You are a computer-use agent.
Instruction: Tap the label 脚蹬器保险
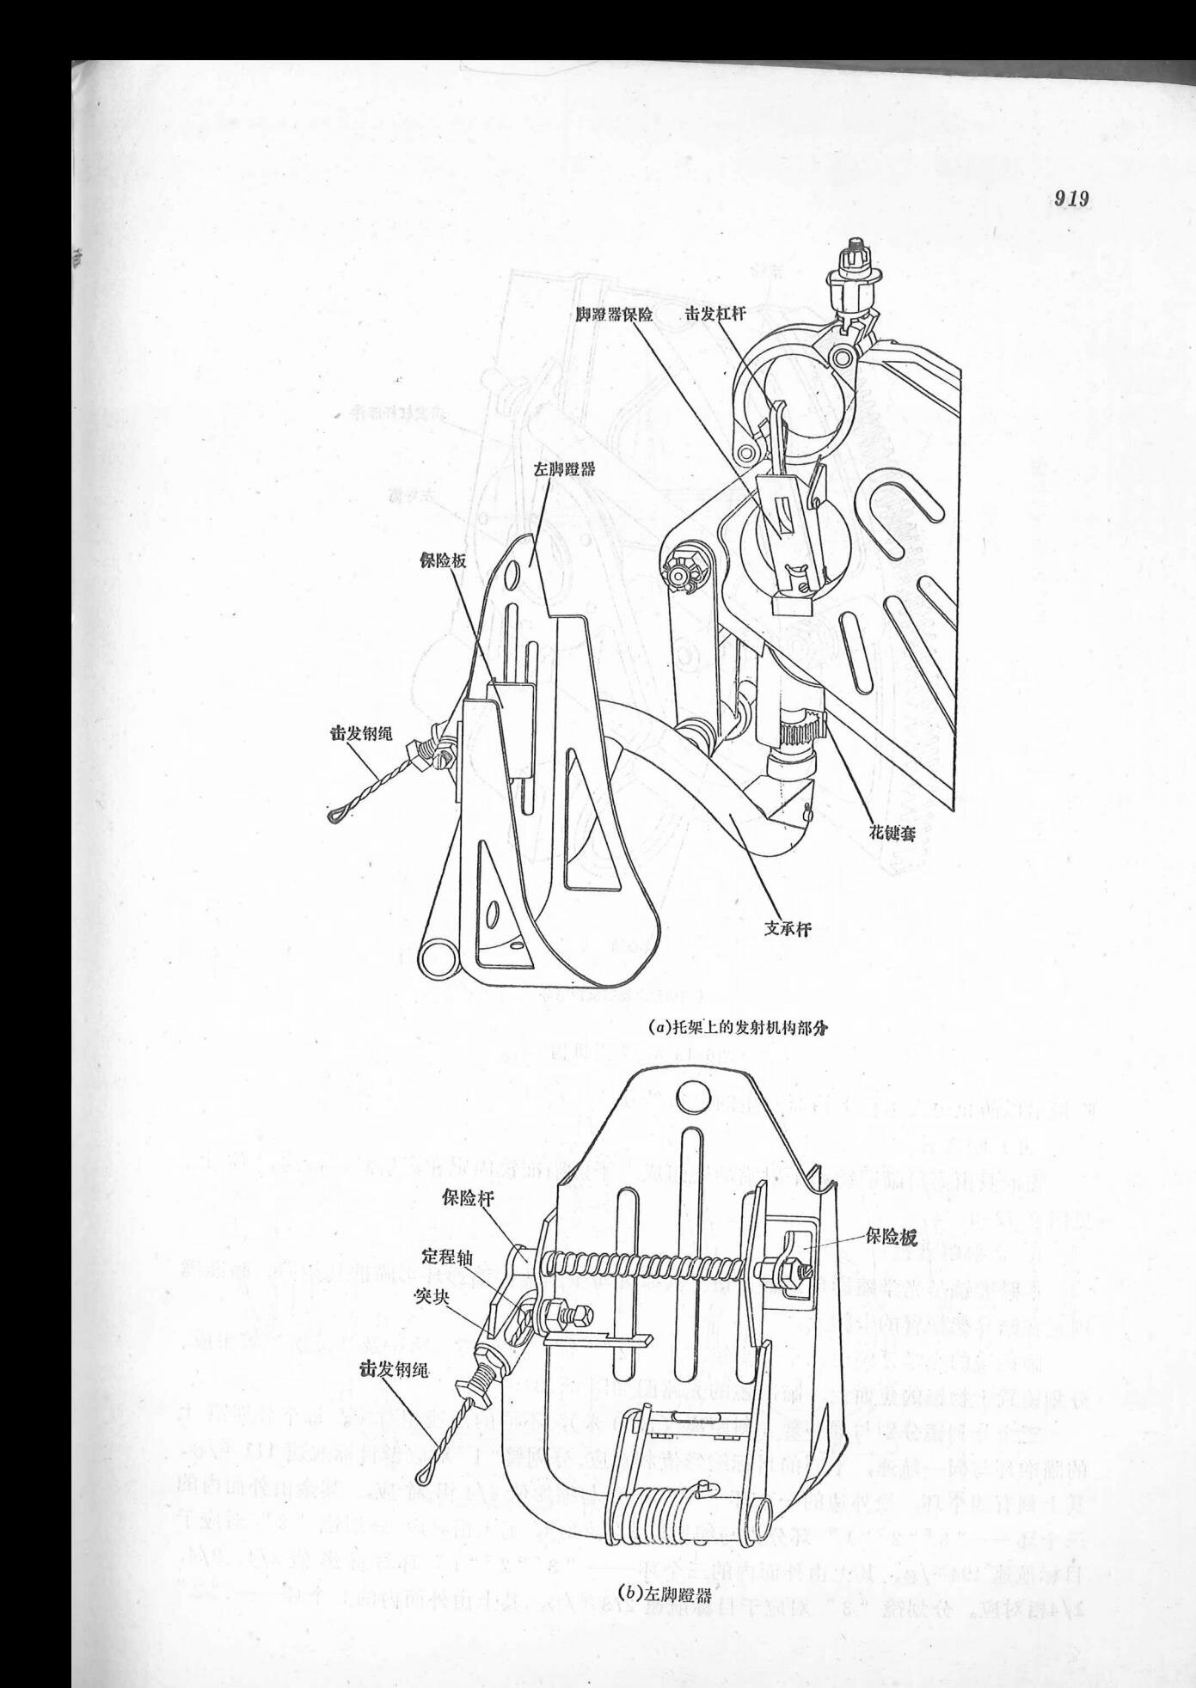(x=615, y=315)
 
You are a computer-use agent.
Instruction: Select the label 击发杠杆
(x=715, y=315)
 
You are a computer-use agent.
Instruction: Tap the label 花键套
(x=892, y=832)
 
